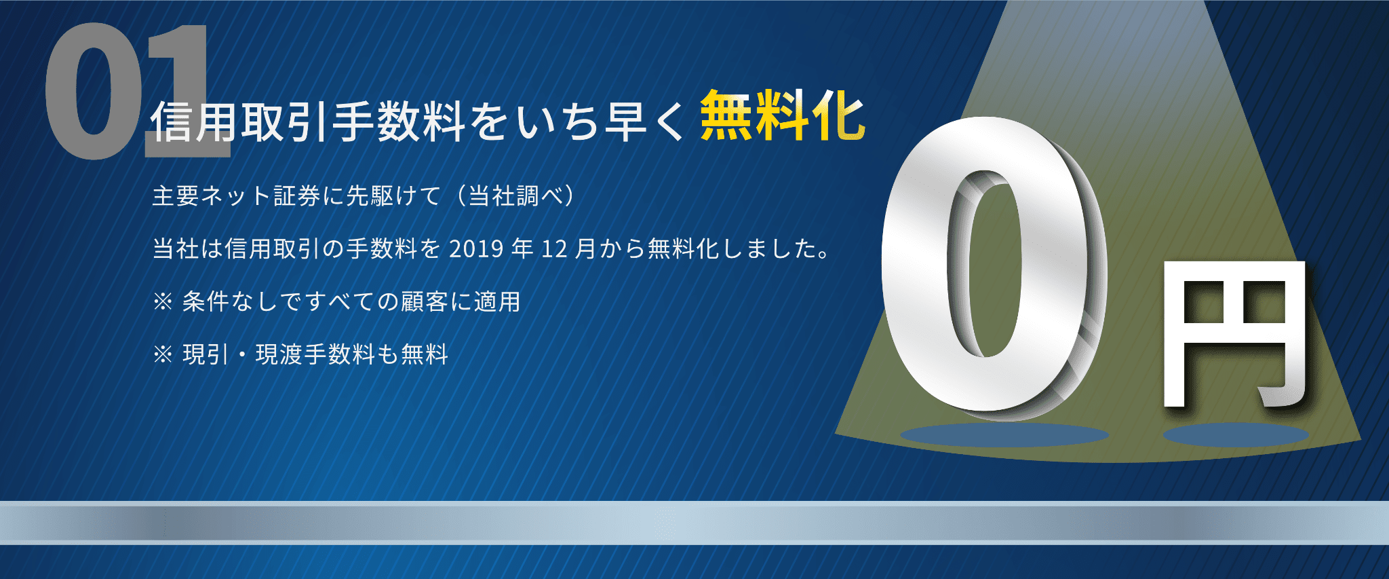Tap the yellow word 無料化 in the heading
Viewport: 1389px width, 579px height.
coord(782,117)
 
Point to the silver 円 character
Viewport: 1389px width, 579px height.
coord(1234,333)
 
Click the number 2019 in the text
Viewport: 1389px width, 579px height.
coord(476,249)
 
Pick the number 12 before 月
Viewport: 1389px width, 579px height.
coord(553,249)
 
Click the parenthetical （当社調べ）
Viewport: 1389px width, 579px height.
coord(515,196)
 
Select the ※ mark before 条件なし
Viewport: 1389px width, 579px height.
coord(163,301)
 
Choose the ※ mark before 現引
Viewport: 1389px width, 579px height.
coord(163,354)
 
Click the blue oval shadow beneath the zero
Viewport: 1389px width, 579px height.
coord(1004,435)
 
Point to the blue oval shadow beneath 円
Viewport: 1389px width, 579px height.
coord(1236,435)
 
